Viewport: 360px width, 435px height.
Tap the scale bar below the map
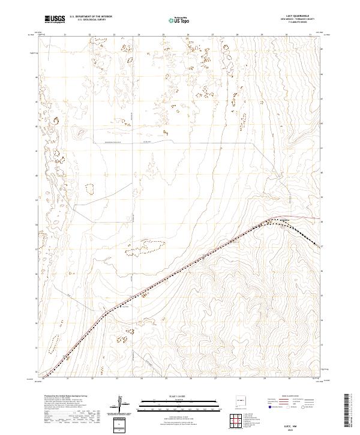pos(166,401)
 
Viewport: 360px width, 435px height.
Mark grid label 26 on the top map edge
pos(188,35)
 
